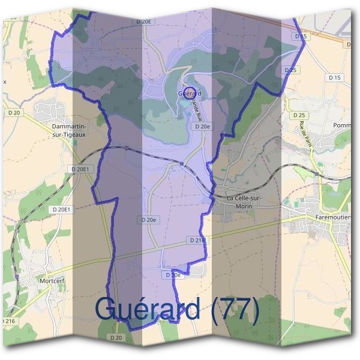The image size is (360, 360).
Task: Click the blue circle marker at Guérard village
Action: pyautogui.click(x=190, y=92)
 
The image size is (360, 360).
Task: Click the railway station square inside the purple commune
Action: pyautogui.click(x=181, y=163)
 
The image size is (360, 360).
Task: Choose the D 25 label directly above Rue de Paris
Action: pyautogui.click(x=298, y=115)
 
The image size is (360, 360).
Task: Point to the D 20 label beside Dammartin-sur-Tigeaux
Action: pyautogui.click(x=14, y=112)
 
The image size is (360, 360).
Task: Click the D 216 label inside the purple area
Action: pyautogui.click(x=197, y=240)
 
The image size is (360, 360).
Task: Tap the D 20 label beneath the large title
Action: pyautogui.click(x=116, y=338)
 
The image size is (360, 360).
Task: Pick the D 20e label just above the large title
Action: pyautogui.click(x=173, y=275)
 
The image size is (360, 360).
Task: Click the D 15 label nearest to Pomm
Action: pyautogui.click(x=334, y=77)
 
